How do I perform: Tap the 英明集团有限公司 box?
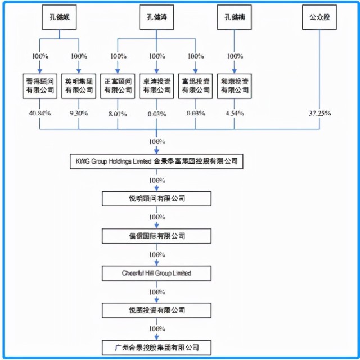pyautogui.click(x=79, y=84)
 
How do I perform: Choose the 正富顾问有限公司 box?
pyautogui.click(x=118, y=84)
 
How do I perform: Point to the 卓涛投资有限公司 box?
pyautogui.click(x=156, y=84)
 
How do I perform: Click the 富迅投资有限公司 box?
pyautogui.click(x=195, y=84)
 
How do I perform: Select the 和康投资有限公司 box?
pyautogui.click(x=234, y=84)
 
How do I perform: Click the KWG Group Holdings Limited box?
pyautogui.click(x=156, y=161)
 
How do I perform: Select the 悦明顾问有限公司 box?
pyautogui.click(x=156, y=199)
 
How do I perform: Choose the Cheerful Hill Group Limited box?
pyautogui.click(x=156, y=273)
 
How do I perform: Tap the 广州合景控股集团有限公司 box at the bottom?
pyautogui.click(x=156, y=347)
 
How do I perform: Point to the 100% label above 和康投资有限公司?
pyautogui.click(x=234, y=56)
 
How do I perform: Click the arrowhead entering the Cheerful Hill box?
pyautogui.click(x=156, y=263)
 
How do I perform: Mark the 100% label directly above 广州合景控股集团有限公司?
pyautogui.click(x=156, y=328)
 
